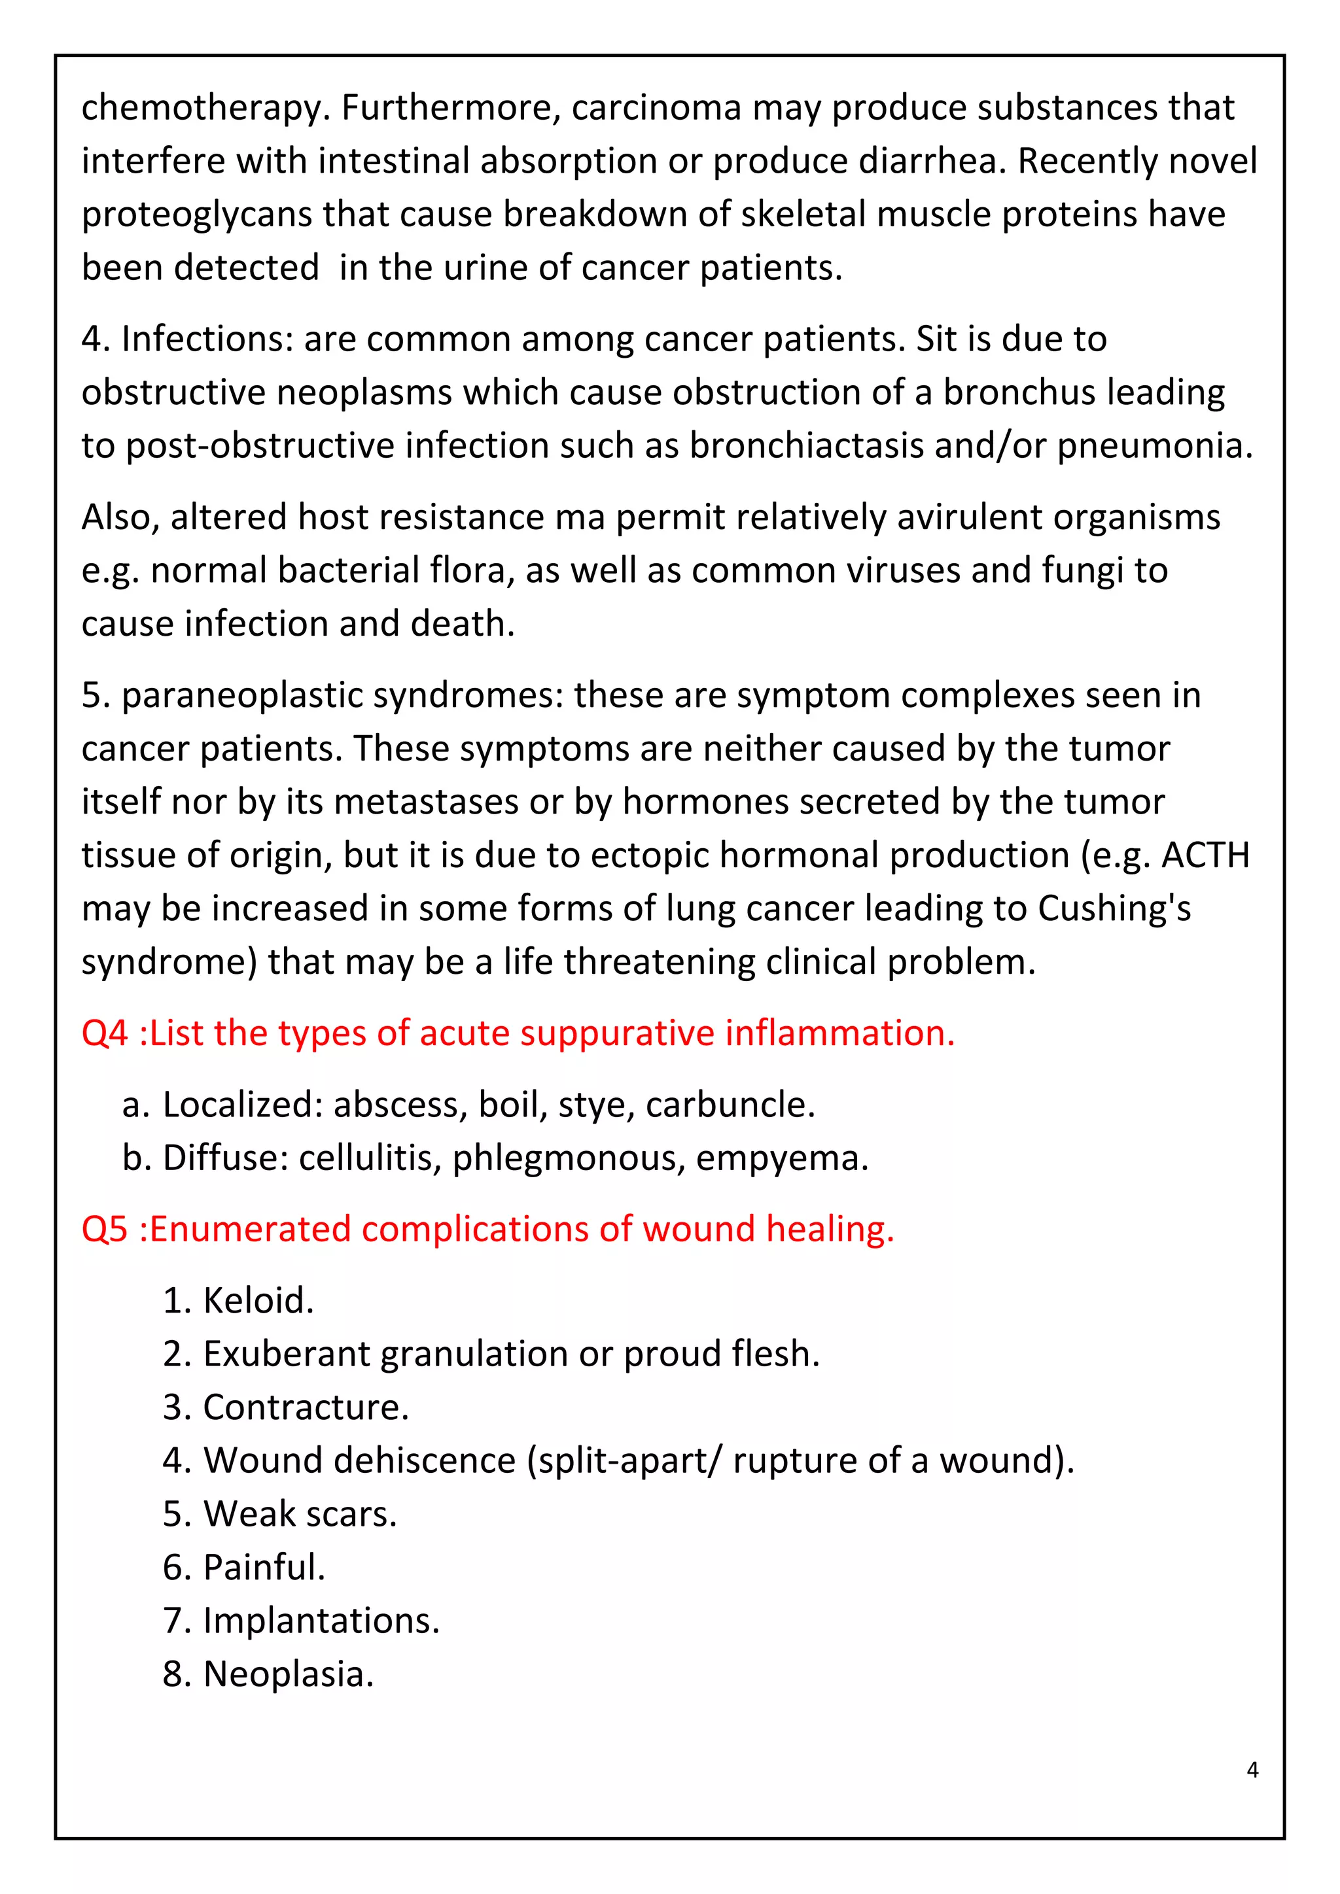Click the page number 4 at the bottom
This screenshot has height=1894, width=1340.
coord(1252,1770)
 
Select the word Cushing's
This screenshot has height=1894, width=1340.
coord(1114,909)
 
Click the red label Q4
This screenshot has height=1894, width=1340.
coord(105,1033)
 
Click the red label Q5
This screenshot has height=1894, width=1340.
coord(105,1228)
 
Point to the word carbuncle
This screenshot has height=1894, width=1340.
coord(730,1105)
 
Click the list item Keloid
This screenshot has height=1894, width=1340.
coord(257,1300)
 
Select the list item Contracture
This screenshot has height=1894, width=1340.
coord(306,1407)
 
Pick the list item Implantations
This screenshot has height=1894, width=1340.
coord(321,1621)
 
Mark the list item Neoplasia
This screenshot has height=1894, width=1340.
coord(288,1674)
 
